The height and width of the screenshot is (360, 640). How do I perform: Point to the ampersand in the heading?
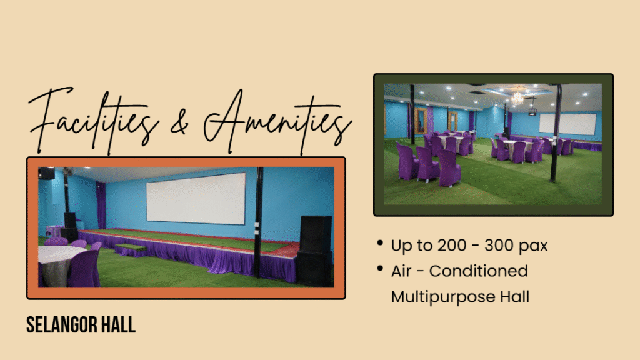click(179, 123)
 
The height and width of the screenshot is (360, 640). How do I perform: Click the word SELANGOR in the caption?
click(62, 325)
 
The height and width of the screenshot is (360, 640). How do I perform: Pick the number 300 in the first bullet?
click(499, 245)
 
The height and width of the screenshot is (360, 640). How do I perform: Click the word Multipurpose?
click(443, 297)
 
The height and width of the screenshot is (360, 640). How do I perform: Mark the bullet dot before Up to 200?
click(381, 243)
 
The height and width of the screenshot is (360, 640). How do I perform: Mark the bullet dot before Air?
click(381, 269)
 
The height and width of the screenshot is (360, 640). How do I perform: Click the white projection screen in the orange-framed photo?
click(196, 198)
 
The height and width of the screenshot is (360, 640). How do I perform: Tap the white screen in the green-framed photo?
click(567, 124)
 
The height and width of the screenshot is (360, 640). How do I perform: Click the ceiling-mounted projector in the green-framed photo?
click(532, 111)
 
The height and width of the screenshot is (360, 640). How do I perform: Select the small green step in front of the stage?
click(131, 249)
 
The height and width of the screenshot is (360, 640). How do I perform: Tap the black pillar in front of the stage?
click(258, 222)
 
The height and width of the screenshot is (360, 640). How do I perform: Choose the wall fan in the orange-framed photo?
click(68, 172)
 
